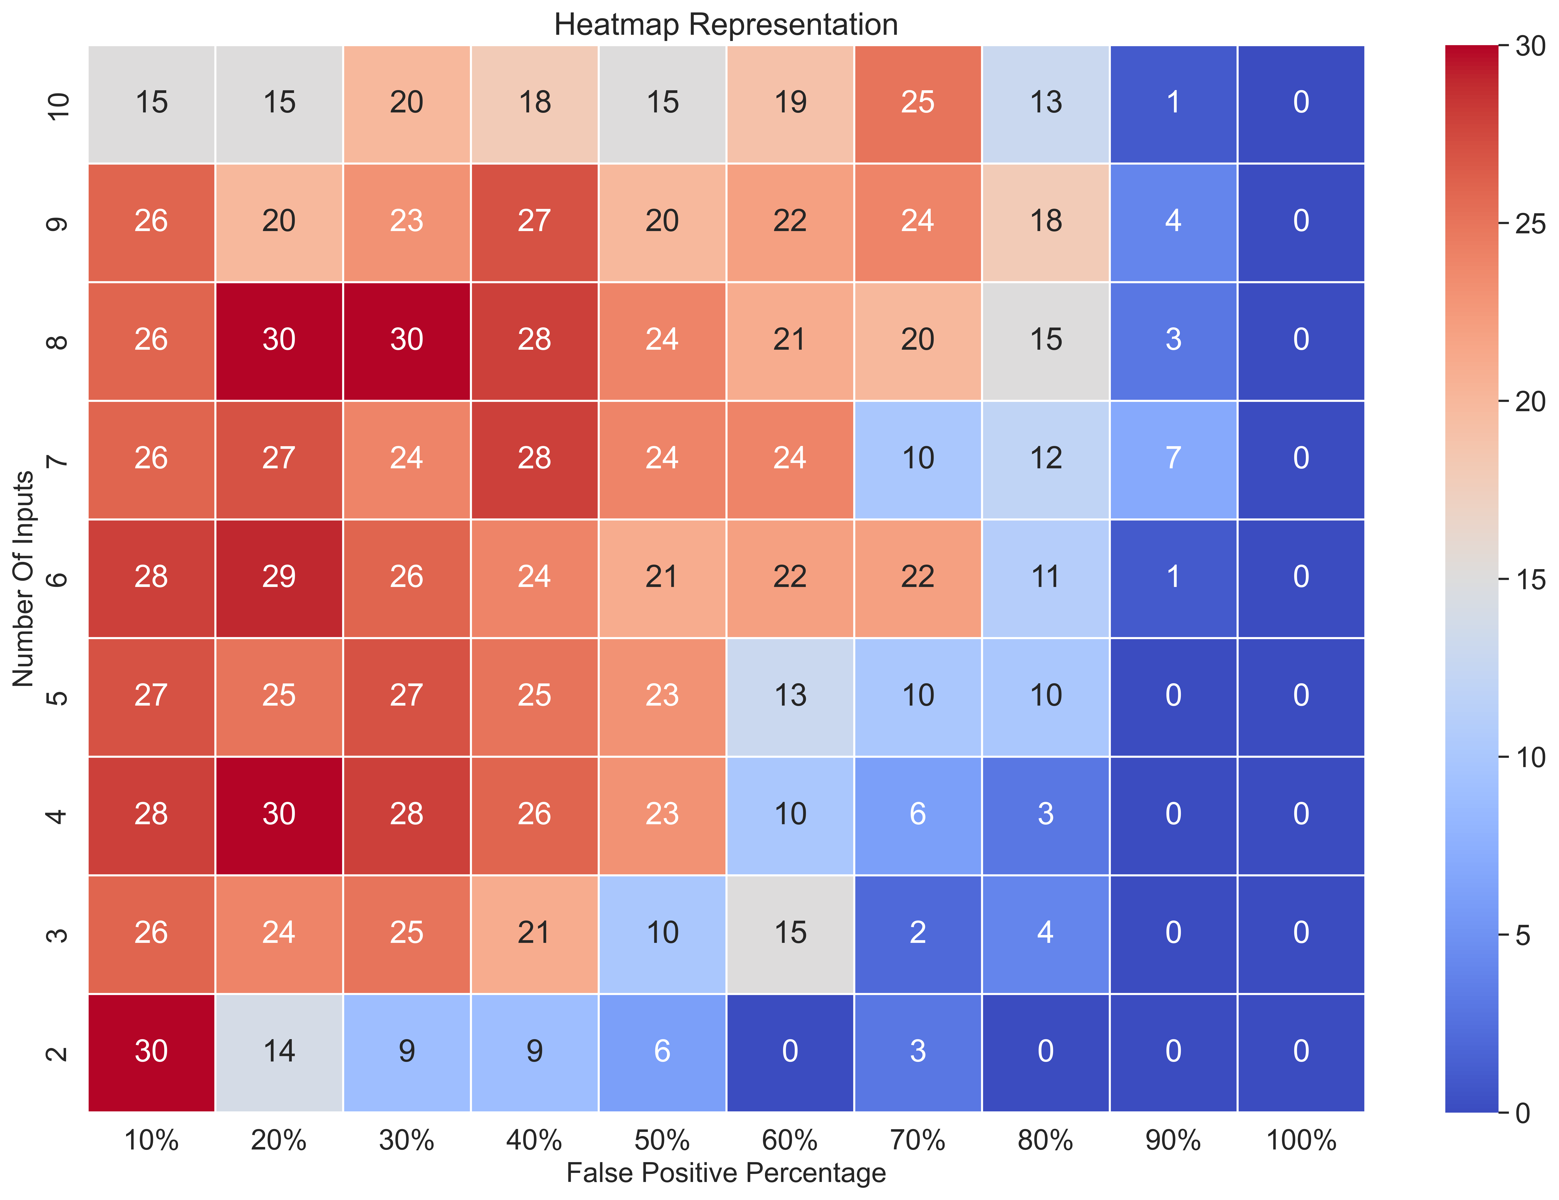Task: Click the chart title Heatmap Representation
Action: point(726,25)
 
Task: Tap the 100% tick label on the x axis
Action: point(1301,1140)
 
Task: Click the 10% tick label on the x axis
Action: point(151,1140)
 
